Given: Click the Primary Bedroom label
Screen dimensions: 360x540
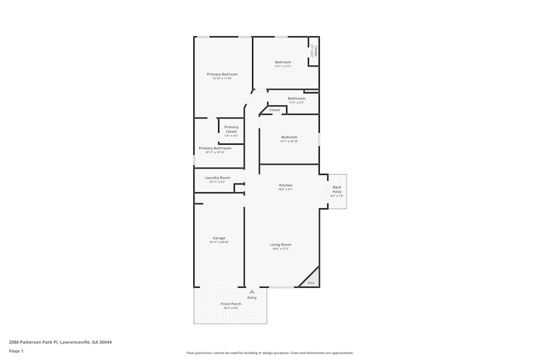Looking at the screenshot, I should click(x=222, y=74).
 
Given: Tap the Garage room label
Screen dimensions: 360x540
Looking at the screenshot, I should click(x=219, y=238).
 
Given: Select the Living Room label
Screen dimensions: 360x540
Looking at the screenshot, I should click(x=280, y=244).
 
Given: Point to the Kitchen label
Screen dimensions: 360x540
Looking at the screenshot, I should click(x=285, y=185).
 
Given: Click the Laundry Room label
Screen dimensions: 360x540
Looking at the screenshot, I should click(x=217, y=178).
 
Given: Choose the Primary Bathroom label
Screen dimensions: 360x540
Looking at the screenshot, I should click(x=215, y=148).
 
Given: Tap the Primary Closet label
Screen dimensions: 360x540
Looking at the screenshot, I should click(x=231, y=129).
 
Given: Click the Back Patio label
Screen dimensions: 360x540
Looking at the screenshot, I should click(x=337, y=189).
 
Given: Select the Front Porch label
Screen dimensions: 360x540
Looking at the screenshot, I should click(x=231, y=304).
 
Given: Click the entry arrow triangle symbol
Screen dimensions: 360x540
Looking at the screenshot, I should click(x=252, y=291).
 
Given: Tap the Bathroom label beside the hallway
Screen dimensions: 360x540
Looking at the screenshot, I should click(x=296, y=98).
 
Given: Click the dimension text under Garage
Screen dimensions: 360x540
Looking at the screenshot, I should click(x=219, y=242).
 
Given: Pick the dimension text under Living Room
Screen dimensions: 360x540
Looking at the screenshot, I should click(x=280, y=249).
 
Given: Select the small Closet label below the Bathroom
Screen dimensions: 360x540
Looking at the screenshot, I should click(x=275, y=110).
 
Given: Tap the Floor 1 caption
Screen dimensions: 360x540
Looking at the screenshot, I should click(x=16, y=351).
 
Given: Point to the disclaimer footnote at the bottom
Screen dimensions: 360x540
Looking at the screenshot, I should click(x=269, y=352).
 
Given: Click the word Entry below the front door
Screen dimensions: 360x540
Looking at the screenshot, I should click(x=252, y=297).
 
